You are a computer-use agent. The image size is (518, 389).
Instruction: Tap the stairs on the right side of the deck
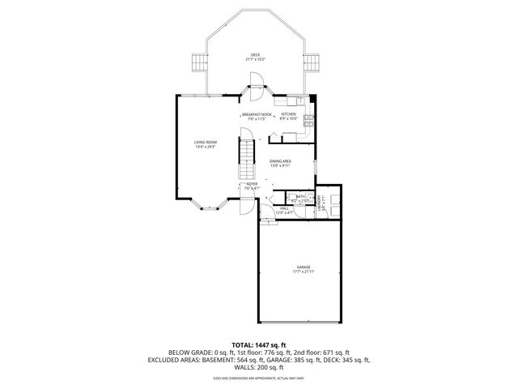click(x=310, y=63)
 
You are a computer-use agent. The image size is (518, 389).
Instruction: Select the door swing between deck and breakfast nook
click(x=256, y=80)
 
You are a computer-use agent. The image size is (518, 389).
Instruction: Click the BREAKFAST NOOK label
click(x=255, y=114)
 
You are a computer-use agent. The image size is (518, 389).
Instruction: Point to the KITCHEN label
click(x=290, y=114)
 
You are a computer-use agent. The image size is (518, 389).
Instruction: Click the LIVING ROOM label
click(x=206, y=142)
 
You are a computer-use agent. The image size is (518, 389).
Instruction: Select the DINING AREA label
click(x=280, y=160)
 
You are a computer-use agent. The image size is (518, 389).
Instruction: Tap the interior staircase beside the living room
click(x=244, y=159)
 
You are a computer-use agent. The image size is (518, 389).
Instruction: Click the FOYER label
click(x=252, y=184)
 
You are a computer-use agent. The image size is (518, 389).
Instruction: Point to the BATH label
click(x=299, y=196)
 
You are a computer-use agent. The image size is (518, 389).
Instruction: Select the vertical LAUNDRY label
click(x=321, y=203)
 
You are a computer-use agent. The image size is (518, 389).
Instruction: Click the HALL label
click(x=284, y=208)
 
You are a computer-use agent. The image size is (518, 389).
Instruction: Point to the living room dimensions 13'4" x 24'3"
click(x=206, y=147)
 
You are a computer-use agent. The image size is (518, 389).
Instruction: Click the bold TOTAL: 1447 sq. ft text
click(x=258, y=344)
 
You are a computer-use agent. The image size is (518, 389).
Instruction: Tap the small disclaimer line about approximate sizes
click(x=258, y=378)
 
